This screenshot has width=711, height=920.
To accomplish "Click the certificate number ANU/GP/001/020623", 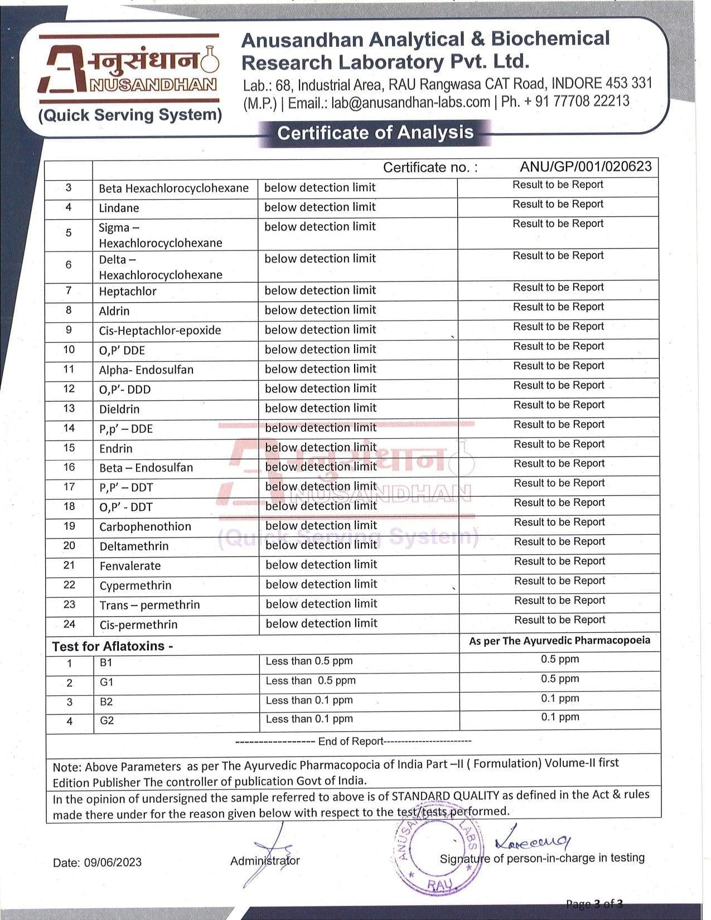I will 586,167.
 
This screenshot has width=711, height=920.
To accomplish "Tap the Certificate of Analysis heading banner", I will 375,133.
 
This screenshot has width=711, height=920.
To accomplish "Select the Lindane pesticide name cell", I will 119,208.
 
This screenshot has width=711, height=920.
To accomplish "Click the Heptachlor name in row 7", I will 128,291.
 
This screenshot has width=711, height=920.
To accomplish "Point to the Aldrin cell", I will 114,311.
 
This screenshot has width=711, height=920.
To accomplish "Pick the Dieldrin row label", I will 119,409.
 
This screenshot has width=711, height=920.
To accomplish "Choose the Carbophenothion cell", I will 145,526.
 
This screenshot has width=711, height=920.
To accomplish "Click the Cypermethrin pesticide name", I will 136,585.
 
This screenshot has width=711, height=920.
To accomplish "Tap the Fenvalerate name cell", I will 130,566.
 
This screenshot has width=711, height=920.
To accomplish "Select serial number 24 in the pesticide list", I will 69,624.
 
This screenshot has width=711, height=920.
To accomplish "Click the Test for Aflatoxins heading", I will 113,646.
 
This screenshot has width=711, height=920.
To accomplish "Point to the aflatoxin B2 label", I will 106,701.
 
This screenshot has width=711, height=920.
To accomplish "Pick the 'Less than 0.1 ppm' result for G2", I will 309,719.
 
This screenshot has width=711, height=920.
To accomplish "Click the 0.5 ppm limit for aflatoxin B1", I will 560,659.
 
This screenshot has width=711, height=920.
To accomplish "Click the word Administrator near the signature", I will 265,860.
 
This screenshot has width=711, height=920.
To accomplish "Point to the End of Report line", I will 353,741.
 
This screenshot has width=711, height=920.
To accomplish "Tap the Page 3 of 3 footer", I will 594,904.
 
